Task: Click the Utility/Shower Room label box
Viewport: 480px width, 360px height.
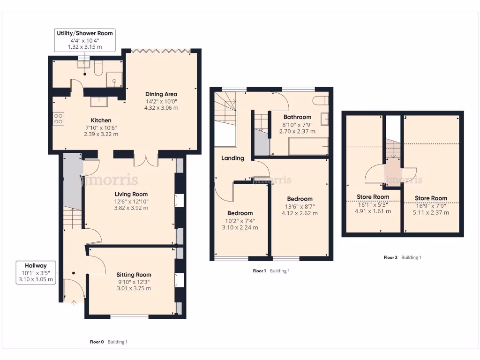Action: point(85,40)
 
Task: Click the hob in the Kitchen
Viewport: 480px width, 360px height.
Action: point(59,119)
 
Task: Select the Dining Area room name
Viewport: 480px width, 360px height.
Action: point(161,94)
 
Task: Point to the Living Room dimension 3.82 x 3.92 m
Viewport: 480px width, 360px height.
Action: point(131,208)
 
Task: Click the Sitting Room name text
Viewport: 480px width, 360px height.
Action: point(134,275)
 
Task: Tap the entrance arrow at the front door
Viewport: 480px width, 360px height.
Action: point(73,302)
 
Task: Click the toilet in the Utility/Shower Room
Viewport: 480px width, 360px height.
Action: point(98,69)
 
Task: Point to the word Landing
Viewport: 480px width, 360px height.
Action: point(233,158)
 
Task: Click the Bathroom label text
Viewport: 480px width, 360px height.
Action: point(297,117)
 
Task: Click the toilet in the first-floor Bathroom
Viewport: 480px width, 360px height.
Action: point(320,100)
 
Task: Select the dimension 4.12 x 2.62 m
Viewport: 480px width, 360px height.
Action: point(300,213)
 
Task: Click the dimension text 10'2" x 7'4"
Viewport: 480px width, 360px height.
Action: point(240,221)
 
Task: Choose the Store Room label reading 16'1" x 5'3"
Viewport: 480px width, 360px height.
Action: point(373,204)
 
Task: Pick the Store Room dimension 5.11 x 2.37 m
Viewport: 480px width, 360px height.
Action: point(431,212)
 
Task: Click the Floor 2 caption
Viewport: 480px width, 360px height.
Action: point(390,257)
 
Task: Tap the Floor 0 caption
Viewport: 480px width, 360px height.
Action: point(97,342)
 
